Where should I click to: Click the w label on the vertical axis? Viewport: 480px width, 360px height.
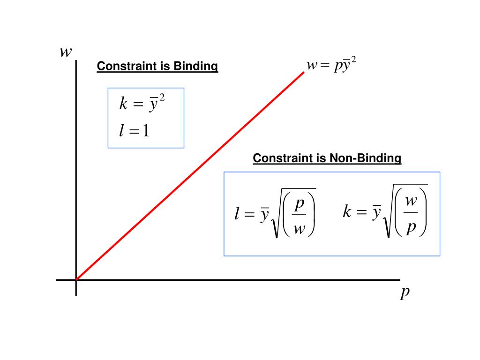[66, 52]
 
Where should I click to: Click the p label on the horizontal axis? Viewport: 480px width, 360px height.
[405, 292]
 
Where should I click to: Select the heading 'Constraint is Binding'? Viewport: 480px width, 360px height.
[157, 67]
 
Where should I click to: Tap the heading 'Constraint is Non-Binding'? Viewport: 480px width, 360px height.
[327, 158]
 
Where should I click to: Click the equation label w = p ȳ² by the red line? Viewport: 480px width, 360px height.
[331, 66]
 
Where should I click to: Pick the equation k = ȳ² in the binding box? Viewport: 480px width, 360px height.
[142, 103]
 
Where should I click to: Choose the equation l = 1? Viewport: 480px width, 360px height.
[135, 131]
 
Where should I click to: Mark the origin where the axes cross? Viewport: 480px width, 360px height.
[76, 280]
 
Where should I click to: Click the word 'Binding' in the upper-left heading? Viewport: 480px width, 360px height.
[196, 67]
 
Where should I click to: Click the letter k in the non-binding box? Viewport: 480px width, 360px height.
[347, 212]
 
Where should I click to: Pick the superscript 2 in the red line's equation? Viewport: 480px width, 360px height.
[354, 61]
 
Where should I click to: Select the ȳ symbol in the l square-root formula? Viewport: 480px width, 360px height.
[265, 215]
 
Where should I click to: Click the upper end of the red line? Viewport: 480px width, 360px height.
[303, 73]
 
